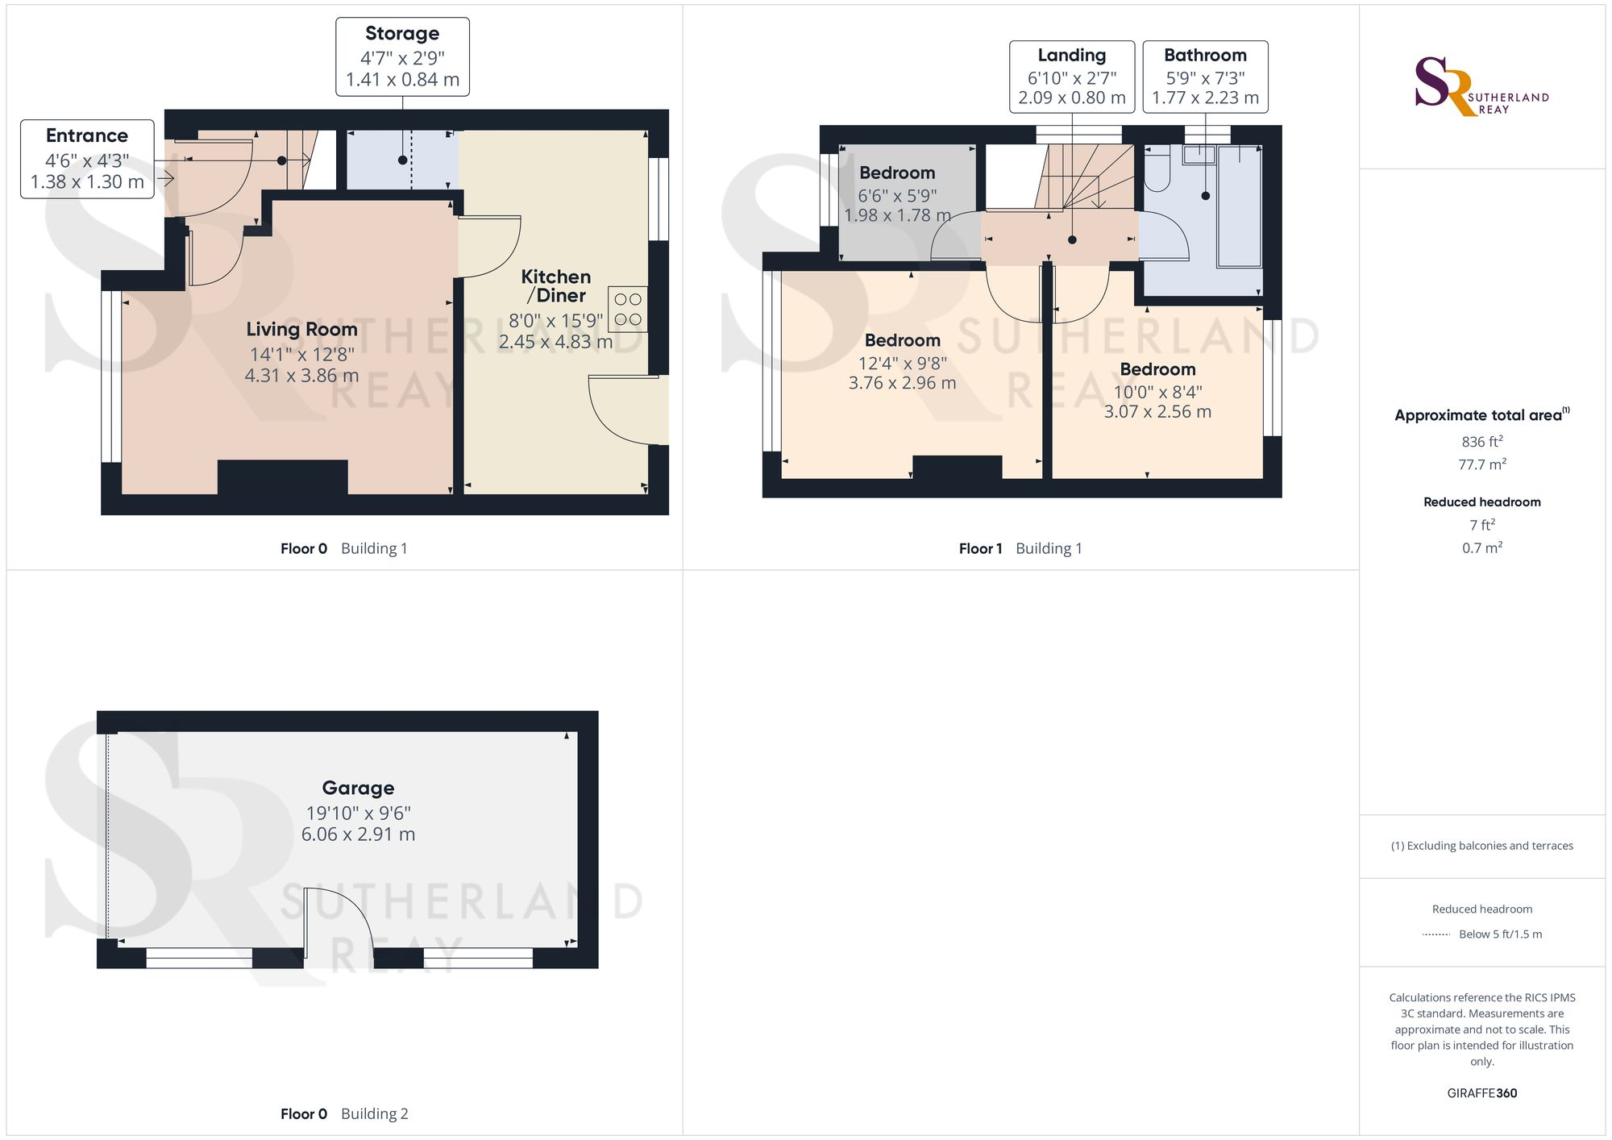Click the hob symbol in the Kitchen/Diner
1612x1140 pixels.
pos(628,310)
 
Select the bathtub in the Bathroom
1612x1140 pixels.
pos(1239,206)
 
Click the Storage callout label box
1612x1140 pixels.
pos(402,57)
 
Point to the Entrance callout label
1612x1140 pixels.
pos(87,159)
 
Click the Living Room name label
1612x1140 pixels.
pos(301,329)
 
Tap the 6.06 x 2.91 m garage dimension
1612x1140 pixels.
pos(358,834)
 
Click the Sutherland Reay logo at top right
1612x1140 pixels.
pos(1481,87)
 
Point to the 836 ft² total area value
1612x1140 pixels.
pos(1481,442)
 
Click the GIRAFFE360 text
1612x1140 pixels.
pos(1481,1093)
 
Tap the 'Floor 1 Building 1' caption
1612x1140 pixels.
pos(1020,548)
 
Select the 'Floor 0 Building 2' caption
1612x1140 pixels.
pos(344,1113)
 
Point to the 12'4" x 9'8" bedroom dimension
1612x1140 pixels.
pos(902,364)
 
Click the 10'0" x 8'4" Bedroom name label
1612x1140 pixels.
pos(1157,369)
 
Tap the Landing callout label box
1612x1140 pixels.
pos(1071,77)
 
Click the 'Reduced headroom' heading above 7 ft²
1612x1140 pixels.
pos(1481,501)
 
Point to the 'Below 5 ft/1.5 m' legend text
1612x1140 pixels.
pos(1500,934)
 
